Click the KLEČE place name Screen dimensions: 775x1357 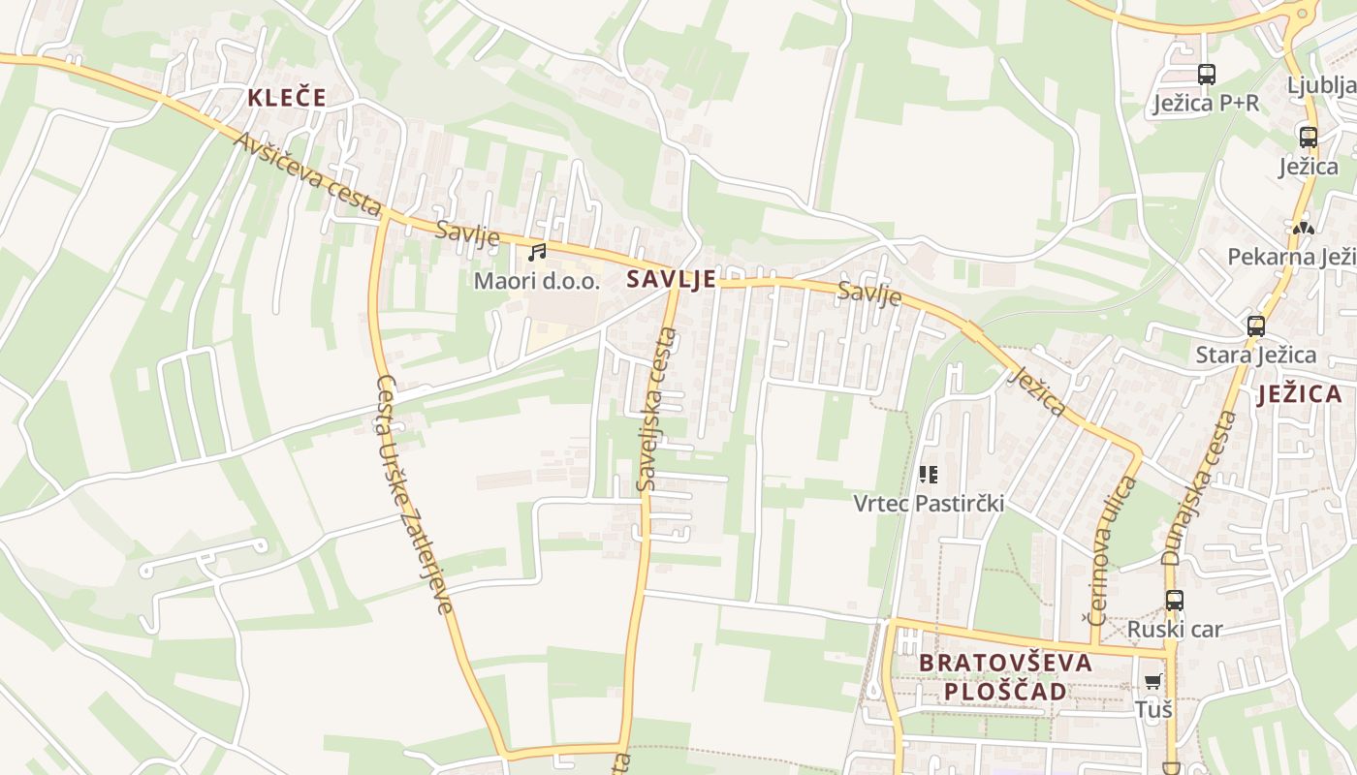[x=286, y=98]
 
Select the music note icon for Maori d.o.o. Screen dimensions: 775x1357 [x=537, y=253]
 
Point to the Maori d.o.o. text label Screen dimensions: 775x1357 [x=537, y=282]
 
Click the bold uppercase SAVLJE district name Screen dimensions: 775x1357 [x=672, y=280]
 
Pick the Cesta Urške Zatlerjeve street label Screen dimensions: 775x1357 [x=414, y=494]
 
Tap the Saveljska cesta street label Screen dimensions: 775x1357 [x=656, y=408]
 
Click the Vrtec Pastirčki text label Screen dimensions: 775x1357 [x=929, y=504]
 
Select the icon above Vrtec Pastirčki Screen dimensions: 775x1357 [x=929, y=475]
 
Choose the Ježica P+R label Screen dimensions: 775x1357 [x=1206, y=103]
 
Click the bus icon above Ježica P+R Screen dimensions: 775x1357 [x=1207, y=75]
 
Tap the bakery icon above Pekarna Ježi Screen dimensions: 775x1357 [x=1304, y=229]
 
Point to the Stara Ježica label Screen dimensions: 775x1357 [x=1255, y=355]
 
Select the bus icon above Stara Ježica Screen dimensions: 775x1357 [x=1256, y=326]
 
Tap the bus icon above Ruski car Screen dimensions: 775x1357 [x=1175, y=601]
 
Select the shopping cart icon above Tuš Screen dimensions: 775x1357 [x=1152, y=681]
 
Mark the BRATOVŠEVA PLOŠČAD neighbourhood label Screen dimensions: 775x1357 [x=1005, y=677]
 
